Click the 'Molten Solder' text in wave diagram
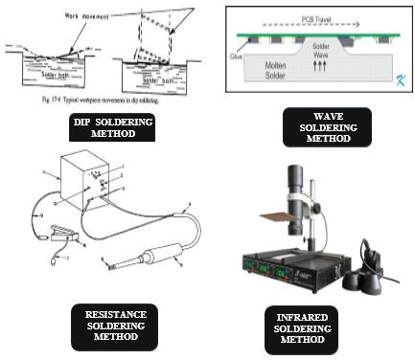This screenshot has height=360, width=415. (253, 70)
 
